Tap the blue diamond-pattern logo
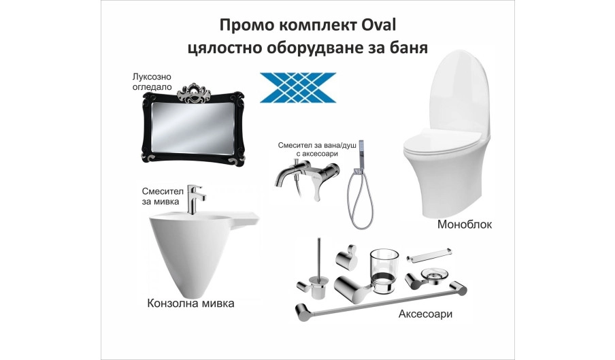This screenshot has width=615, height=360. [x=298, y=88]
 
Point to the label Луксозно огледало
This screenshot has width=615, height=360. [x=152, y=82]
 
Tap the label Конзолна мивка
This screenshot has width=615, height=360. [x=190, y=304]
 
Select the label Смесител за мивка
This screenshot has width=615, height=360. [x=163, y=196]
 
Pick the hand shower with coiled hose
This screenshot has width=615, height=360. [x=360, y=192]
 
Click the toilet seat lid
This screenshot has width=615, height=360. [x=442, y=144]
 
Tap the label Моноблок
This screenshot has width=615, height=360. [x=465, y=225]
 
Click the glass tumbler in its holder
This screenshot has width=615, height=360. [x=384, y=271]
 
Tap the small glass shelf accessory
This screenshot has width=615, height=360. [x=429, y=255]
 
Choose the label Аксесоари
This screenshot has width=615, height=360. [x=426, y=314]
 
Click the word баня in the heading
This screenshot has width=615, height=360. [x=410, y=48]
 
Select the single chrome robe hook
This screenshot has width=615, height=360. [x=348, y=257]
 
